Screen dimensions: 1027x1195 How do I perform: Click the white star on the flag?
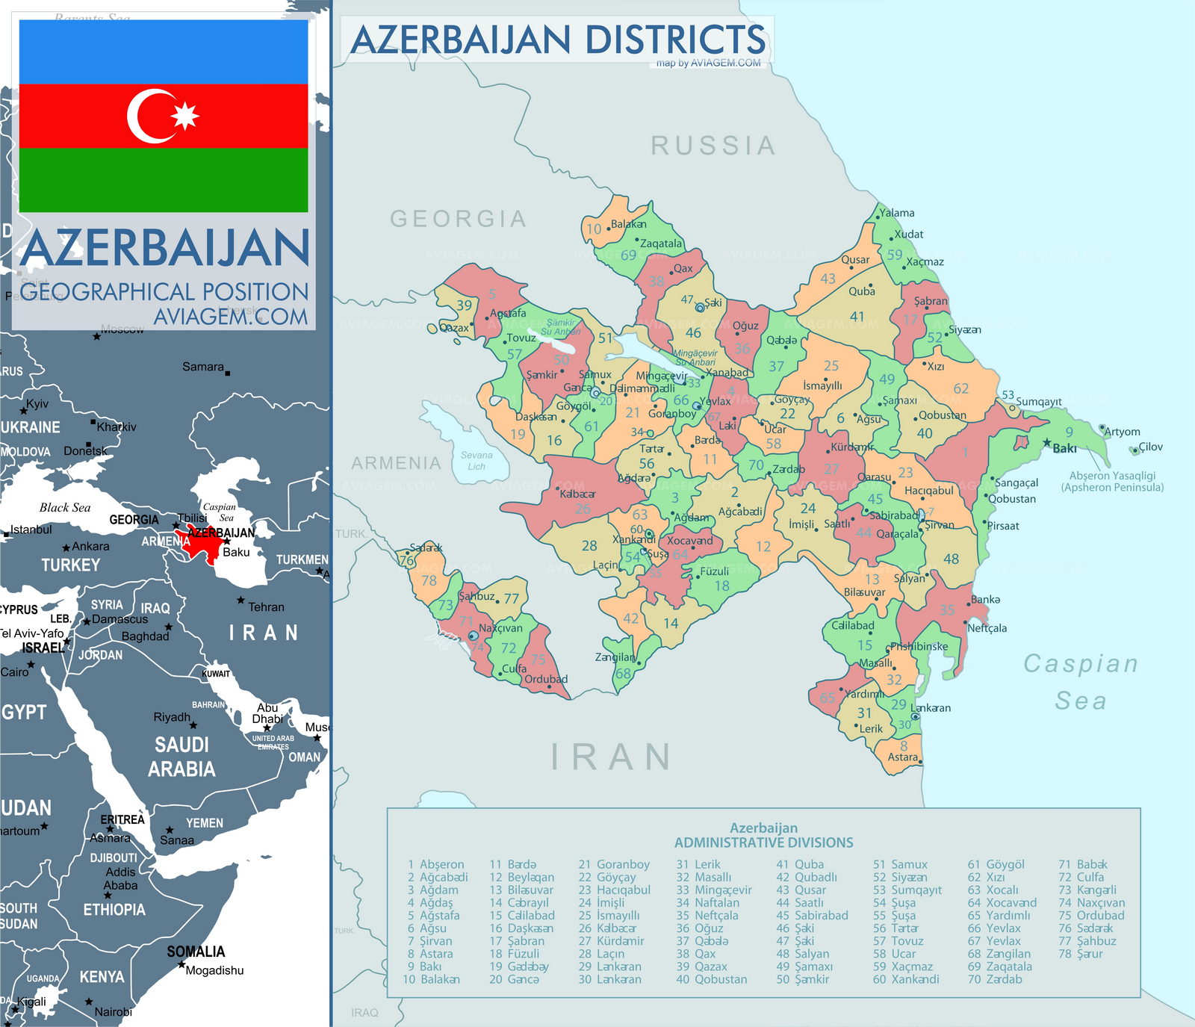tap(185, 116)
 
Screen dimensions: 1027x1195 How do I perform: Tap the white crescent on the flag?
tap(146, 117)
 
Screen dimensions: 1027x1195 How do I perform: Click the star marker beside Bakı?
tap(1047, 442)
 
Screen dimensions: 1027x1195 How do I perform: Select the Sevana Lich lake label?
tap(477, 461)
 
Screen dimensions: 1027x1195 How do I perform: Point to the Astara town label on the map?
tap(902, 757)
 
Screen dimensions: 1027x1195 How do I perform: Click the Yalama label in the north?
tap(896, 213)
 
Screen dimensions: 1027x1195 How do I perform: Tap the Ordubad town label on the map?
tap(546, 679)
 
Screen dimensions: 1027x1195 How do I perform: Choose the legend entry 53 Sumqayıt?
tap(907, 890)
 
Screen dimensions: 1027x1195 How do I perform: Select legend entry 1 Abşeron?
tap(435, 864)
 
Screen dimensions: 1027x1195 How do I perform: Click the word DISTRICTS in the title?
tap(675, 40)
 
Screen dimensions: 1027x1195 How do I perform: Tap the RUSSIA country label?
tap(713, 146)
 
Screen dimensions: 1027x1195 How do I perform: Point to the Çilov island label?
tap(1150, 447)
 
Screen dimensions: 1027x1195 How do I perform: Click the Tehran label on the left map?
tap(266, 606)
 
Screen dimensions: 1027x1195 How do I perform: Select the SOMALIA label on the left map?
tap(196, 952)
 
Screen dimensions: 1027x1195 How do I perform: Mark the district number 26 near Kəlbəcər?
tap(583, 509)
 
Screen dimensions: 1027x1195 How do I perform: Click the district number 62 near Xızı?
tap(960, 388)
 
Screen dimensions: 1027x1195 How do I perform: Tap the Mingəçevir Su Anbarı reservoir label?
tap(695, 357)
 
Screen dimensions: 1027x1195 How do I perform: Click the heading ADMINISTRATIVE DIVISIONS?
tap(763, 843)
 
